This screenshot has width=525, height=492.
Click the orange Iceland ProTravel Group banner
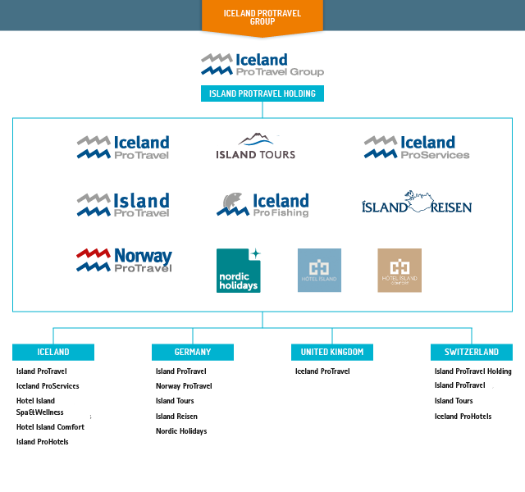click(x=262, y=17)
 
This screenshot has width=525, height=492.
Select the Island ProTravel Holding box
click(x=262, y=93)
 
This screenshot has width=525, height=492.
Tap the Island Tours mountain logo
click(x=256, y=147)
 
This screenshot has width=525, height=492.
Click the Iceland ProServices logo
click(x=417, y=148)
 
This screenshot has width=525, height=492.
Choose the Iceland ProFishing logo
click(x=262, y=205)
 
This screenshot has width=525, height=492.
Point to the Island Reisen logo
click(x=417, y=203)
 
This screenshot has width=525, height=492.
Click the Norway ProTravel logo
click(x=124, y=260)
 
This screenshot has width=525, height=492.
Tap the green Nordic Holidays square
click(x=238, y=271)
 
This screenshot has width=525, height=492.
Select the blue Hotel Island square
click(x=319, y=271)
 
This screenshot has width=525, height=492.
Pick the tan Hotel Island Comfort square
click(x=399, y=271)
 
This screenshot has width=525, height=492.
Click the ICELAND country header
click(x=53, y=352)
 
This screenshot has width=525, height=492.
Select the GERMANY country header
click(x=193, y=352)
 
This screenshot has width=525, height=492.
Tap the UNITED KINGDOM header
click(x=332, y=352)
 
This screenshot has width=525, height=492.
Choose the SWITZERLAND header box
click(x=472, y=352)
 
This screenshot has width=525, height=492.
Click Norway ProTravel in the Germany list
click(x=184, y=386)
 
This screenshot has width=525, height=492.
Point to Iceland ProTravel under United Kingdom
click(x=322, y=371)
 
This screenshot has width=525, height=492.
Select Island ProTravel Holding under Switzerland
click(x=473, y=371)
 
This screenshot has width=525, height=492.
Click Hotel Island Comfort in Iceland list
click(x=50, y=427)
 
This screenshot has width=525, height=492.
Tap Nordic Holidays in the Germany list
click(x=181, y=431)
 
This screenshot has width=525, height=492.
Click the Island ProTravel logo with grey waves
click(x=123, y=205)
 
